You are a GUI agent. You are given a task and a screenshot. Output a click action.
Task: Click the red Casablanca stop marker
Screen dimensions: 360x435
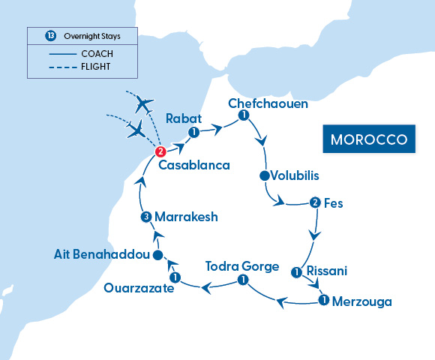point(159,151)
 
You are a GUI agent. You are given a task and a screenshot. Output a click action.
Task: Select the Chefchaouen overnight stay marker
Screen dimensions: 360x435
point(243,115)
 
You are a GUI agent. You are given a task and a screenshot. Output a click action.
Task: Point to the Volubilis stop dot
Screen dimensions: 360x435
point(264,176)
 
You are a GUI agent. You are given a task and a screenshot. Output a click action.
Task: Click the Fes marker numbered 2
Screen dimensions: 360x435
point(315,202)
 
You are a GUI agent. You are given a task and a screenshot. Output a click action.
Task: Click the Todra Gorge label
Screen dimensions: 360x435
point(242,266)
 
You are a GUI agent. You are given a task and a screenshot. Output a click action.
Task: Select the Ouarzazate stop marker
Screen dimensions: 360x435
point(174,277)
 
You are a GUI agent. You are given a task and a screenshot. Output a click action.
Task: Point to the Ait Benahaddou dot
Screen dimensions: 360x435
point(157,256)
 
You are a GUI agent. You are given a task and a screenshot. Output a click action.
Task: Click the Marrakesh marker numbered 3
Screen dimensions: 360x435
point(146,217)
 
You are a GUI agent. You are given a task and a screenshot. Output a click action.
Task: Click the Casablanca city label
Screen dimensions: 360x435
point(198,163)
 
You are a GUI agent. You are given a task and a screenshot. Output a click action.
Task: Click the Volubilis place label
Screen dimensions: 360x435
point(295,176)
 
